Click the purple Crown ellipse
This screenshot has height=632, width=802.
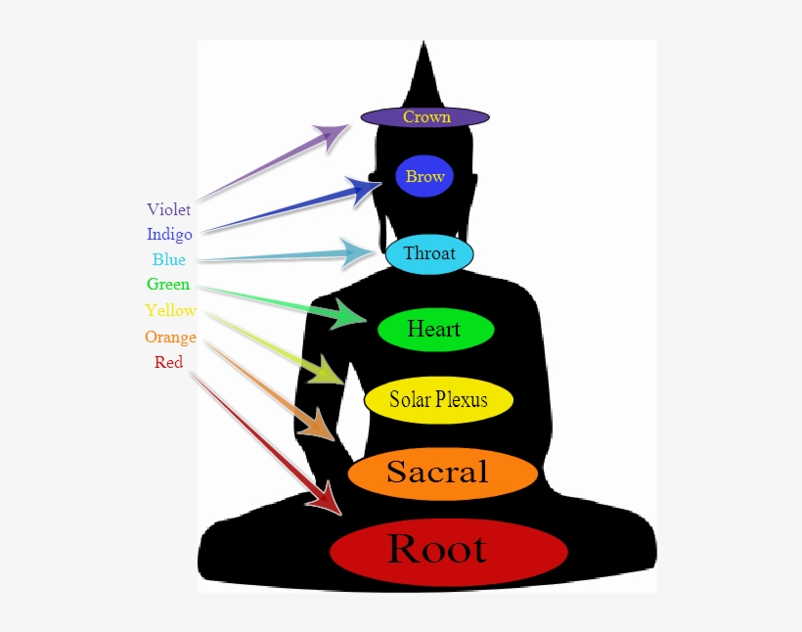425,117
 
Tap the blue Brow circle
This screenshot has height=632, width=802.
425,176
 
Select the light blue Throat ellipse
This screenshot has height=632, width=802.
429,254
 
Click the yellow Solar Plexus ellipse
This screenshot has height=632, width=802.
439,399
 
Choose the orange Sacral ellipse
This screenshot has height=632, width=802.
442,474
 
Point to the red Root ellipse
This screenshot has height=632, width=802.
449,551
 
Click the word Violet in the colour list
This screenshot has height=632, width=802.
169,209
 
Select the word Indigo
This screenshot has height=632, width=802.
169,235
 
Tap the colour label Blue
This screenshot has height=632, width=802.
169,260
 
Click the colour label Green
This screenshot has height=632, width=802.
168,285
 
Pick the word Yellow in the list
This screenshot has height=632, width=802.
170,311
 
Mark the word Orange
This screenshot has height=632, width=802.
170,338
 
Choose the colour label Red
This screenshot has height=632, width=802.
168,363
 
